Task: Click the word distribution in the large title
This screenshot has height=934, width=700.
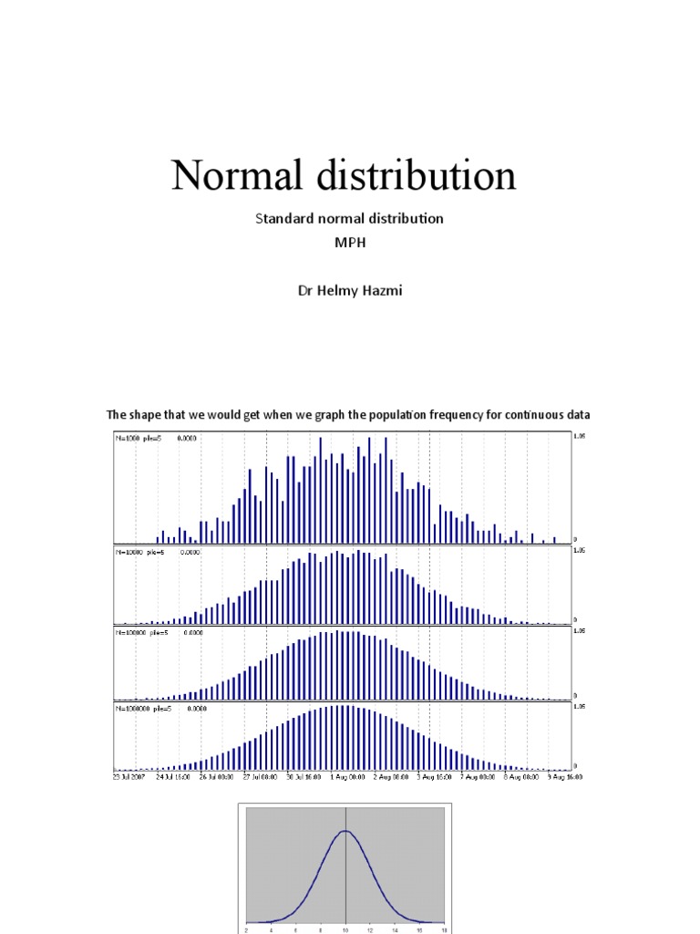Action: (415, 175)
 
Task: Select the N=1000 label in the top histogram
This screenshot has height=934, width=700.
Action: (128, 438)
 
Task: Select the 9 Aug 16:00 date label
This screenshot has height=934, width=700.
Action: (564, 778)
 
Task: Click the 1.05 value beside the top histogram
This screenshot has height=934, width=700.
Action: (579, 437)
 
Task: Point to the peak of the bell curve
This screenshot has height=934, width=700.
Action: (345, 831)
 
